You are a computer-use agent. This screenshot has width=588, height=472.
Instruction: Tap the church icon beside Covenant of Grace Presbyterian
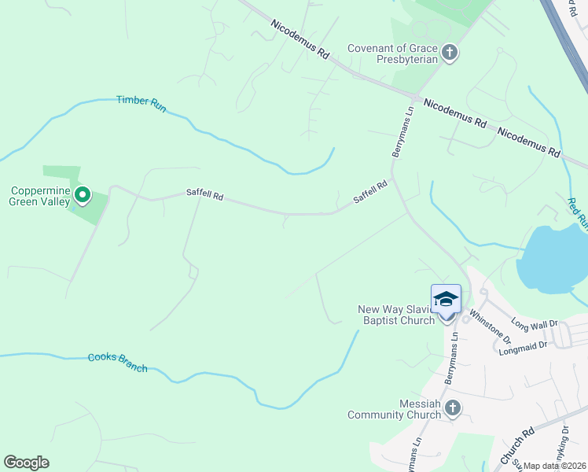click(x=450, y=53)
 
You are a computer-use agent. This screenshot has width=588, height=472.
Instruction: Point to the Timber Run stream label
click(x=141, y=103)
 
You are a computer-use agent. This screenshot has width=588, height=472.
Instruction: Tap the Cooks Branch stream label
click(x=117, y=363)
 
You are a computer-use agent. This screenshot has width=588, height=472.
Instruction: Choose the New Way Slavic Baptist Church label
click(x=396, y=315)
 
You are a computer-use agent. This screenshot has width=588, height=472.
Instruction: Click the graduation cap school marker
click(x=446, y=299)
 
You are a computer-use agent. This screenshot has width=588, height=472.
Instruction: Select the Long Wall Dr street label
click(x=534, y=323)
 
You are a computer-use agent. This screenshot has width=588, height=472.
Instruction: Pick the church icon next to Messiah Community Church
click(x=452, y=407)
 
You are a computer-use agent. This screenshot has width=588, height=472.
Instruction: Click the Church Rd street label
click(x=517, y=445)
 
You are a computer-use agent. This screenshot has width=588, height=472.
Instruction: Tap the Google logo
click(x=26, y=463)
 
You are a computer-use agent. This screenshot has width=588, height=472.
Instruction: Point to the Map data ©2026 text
click(x=554, y=466)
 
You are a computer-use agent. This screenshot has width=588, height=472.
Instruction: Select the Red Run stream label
click(x=577, y=212)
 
